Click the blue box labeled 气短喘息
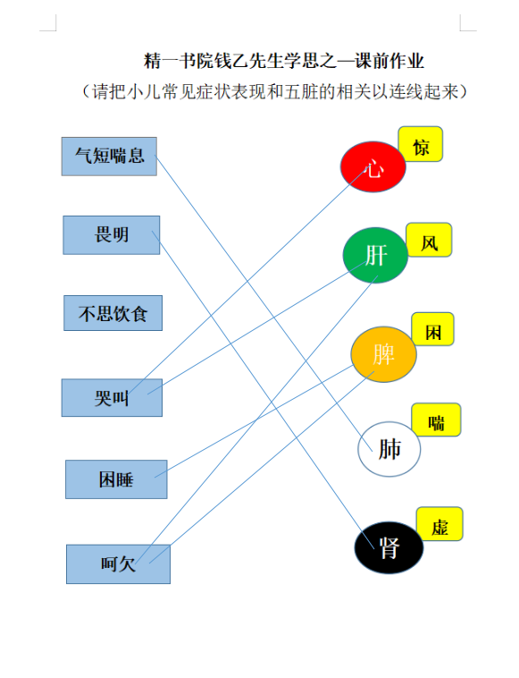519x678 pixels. (x=109, y=157)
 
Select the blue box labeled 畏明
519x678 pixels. (x=112, y=235)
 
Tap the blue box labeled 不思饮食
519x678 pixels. (x=113, y=313)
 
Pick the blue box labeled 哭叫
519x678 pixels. (x=112, y=398)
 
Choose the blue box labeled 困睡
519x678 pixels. (x=116, y=479)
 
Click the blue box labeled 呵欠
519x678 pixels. (x=118, y=564)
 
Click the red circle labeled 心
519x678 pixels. (x=373, y=167)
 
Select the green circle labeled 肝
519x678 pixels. (x=375, y=255)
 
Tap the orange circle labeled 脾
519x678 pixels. (x=384, y=354)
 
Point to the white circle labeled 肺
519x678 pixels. (x=389, y=449)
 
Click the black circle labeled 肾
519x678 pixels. (x=389, y=547)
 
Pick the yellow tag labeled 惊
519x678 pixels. (x=421, y=144)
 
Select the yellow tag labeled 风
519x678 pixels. (x=429, y=240)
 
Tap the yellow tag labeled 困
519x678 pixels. (x=433, y=329)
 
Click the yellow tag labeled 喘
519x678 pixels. (x=437, y=420)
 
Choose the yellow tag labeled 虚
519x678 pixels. (x=440, y=524)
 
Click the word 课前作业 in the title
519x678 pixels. (x=389, y=61)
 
